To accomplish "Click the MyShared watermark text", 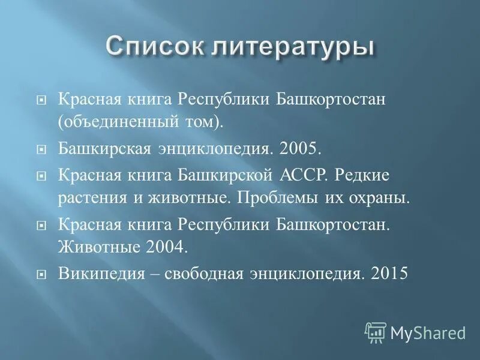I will (428, 332).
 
